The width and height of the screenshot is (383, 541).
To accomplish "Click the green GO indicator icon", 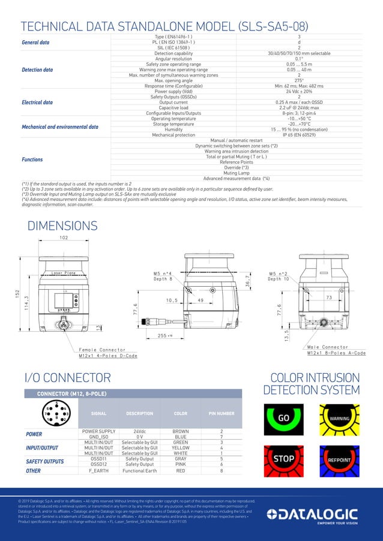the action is tap(283, 417).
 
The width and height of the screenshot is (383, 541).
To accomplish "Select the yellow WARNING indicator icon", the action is tap(339, 417).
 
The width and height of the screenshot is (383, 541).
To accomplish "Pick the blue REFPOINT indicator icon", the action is tap(339, 459).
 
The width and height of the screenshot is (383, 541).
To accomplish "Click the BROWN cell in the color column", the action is tap(180, 431).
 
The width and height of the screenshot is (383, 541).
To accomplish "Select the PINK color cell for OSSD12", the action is tap(180, 464).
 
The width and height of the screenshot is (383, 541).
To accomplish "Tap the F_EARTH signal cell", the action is tap(98, 471).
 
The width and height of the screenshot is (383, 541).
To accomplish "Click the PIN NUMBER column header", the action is tap(222, 413).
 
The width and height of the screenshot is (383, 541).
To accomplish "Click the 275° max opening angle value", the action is tap(299, 80).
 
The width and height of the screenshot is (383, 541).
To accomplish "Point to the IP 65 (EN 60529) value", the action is tap(299, 135).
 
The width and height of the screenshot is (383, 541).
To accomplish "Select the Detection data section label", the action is tap(37, 70).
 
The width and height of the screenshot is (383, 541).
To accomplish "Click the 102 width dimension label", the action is tap(64, 238).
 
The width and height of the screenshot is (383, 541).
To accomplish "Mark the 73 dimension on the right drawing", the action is tap(329, 297).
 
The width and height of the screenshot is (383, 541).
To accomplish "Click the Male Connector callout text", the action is tap(327, 347).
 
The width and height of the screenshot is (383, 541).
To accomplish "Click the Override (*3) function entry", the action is tap(237, 167).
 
